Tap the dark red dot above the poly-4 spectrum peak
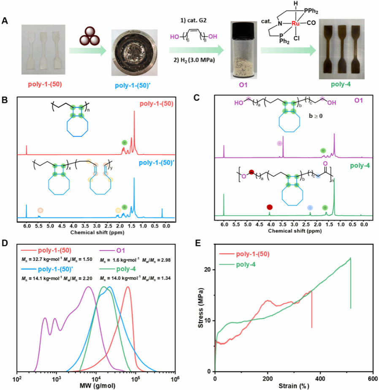[270, 207]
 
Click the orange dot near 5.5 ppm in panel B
[40, 210]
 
